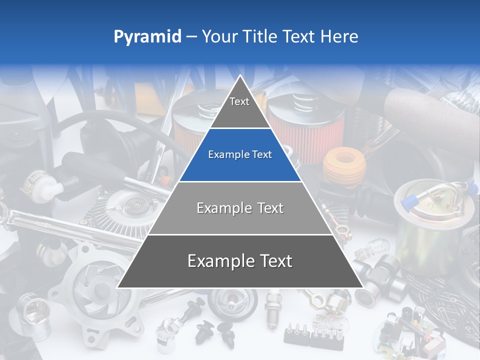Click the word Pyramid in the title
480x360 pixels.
tap(147, 37)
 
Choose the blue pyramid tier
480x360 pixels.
tap(240, 155)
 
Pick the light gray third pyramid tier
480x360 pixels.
tap(240, 208)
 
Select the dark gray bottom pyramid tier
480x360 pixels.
tap(240, 261)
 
